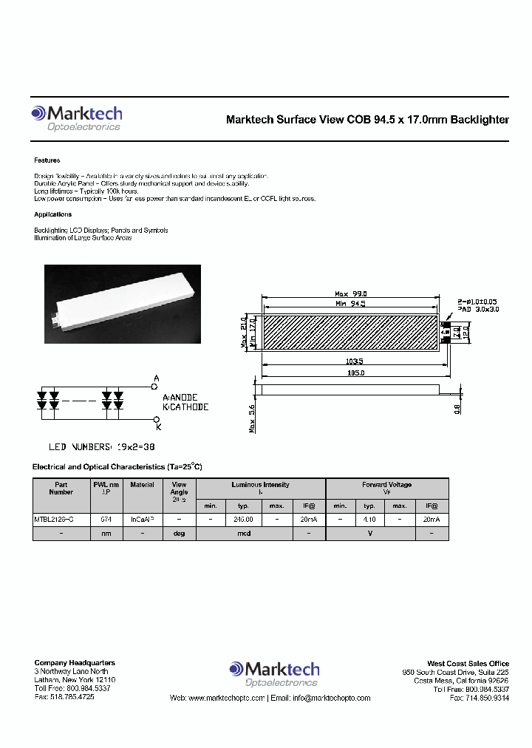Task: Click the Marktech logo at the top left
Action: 76,118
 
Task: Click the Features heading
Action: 47,160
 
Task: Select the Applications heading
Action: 52,214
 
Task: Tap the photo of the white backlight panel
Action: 123,303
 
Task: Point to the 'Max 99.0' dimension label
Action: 350,293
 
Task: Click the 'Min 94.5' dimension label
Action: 350,303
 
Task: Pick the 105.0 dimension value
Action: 352,374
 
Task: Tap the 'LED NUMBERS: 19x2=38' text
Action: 102,447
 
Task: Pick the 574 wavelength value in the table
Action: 106,520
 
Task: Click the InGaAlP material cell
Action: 142,520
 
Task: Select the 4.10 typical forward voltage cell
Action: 370,520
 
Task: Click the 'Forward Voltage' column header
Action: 386,485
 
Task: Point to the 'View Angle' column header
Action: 179,489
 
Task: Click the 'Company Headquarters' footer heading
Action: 75,663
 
